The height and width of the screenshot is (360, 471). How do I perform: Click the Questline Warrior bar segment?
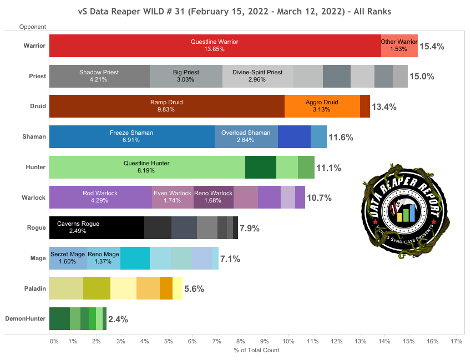[215, 45]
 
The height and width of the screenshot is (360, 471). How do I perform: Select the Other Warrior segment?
[399, 45]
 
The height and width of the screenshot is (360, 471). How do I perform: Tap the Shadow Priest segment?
[99, 76]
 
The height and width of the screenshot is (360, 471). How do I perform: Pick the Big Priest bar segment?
[186, 76]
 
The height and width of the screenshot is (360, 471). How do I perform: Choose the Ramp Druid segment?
[166, 106]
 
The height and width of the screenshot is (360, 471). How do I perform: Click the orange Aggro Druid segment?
[322, 106]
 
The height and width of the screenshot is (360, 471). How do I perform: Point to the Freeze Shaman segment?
[131, 136]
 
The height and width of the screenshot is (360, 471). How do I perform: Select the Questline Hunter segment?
[146, 167]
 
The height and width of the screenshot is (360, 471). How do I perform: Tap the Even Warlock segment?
[173, 197]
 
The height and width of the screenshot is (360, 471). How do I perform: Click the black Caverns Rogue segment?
[97, 227]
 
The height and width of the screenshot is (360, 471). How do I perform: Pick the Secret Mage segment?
[68, 258]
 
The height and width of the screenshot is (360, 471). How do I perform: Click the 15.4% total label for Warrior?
[432, 47]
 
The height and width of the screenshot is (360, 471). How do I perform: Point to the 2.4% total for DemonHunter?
[118, 319]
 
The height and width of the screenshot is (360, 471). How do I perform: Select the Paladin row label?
[34, 288]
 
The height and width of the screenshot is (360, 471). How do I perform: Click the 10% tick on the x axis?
[288, 341]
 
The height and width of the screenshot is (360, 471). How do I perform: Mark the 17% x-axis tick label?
[457, 341]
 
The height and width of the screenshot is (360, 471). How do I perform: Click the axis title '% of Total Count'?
[257, 351]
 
